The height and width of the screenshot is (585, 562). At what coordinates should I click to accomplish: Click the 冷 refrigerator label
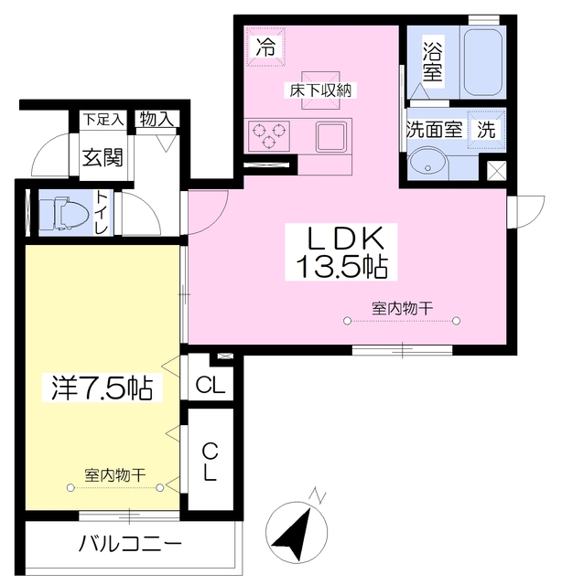[265, 45]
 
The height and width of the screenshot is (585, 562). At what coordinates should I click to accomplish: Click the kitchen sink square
[332, 136]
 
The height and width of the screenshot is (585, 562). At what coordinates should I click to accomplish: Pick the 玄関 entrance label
[103, 156]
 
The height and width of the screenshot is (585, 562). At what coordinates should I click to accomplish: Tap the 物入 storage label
[157, 119]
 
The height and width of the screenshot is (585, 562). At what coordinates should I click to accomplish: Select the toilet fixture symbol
[61, 214]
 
